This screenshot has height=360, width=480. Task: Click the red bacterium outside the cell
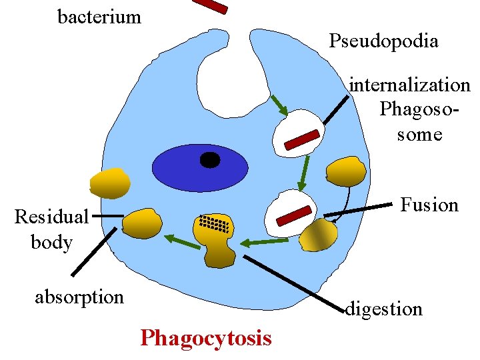click(x=211, y=5)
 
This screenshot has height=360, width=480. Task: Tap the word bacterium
click(x=99, y=17)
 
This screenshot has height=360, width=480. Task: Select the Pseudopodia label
click(x=383, y=41)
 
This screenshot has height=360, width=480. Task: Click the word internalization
click(x=410, y=85)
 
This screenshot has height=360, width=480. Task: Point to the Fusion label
click(x=429, y=204)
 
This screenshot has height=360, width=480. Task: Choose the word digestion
click(x=384, y=309)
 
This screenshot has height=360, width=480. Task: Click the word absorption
click(x=79, y=296)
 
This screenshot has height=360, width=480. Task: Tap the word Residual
click(x=51, y=217)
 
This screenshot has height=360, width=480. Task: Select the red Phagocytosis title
click(x=206, y=338)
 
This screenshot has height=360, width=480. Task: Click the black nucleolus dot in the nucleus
click(x=210, y=160)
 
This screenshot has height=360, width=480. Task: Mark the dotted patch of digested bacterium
click(x=215, y=225)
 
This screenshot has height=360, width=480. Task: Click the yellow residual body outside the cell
click(x=109, y=183)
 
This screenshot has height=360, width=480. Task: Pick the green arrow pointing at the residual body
click(x=182, y=241)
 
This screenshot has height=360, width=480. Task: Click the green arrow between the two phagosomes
click(x=304, y=173)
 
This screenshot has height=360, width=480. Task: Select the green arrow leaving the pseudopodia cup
click(x=279, y=105)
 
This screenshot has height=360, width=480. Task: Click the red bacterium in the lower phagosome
click(x=294, y=216)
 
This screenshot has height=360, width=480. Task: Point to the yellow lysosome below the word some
click(x=346, y=172)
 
